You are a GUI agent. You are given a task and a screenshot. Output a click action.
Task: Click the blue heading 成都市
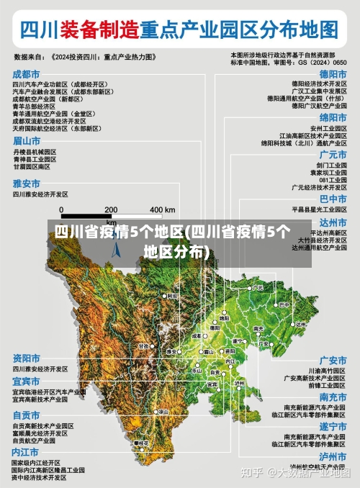26,74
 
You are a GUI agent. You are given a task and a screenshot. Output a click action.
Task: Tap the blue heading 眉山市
26,142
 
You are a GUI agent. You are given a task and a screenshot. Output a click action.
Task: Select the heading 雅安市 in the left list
26,184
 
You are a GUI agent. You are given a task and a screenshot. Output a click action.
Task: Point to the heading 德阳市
333,74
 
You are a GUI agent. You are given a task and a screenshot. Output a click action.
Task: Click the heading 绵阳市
333,117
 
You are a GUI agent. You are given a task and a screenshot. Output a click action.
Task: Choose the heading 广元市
333,155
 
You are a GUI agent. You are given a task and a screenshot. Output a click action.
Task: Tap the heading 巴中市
333,199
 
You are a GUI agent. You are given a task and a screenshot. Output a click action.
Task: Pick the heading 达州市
333,222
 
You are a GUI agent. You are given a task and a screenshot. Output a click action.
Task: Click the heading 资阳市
26,358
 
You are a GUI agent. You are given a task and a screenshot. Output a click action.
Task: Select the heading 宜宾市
26,381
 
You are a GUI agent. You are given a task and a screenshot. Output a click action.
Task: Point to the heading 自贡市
26,415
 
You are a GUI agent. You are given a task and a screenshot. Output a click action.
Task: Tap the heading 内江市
26,451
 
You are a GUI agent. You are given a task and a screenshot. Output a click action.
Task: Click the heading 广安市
333,360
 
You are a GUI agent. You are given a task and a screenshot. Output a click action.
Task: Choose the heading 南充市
333,397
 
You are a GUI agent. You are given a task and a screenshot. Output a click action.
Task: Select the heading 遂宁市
333,427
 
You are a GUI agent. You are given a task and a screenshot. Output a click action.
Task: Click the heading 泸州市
333,456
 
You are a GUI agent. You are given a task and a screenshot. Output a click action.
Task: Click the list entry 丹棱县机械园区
35,153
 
